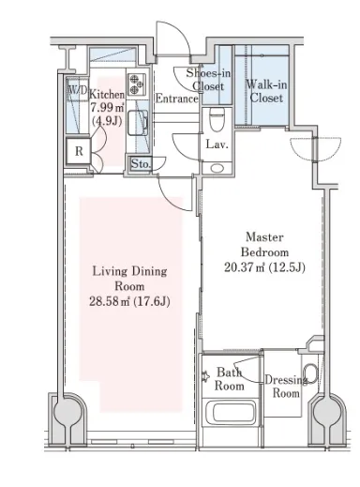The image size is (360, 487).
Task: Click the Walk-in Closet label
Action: [x=266, y=91]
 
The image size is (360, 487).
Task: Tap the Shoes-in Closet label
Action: [x=208, y=80]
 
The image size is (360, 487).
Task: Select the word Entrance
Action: [x=176, y=99]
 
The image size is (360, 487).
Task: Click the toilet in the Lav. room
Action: [x=217, y=119]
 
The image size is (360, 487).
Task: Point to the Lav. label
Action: [x=217, y=145]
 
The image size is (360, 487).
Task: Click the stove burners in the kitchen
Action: [x=137, y=84]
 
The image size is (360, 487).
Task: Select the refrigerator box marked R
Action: [x=79, y=151]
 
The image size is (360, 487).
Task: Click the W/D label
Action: [x=78, y=91]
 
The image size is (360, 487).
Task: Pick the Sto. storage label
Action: [x=141, y=163]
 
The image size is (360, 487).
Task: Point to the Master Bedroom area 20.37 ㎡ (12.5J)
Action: [x=264, y=267]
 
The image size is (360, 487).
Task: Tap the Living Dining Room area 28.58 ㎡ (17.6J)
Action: [x=129, y=301]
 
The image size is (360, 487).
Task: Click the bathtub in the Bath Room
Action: [x=231, y=412]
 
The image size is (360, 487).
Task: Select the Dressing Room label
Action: [x=286, y=387]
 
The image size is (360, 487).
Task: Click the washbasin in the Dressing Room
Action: [x=310, y=374]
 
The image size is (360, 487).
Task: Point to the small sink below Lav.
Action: [x=217, y=168]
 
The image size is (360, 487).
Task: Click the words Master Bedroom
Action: [x=264, y=245]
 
